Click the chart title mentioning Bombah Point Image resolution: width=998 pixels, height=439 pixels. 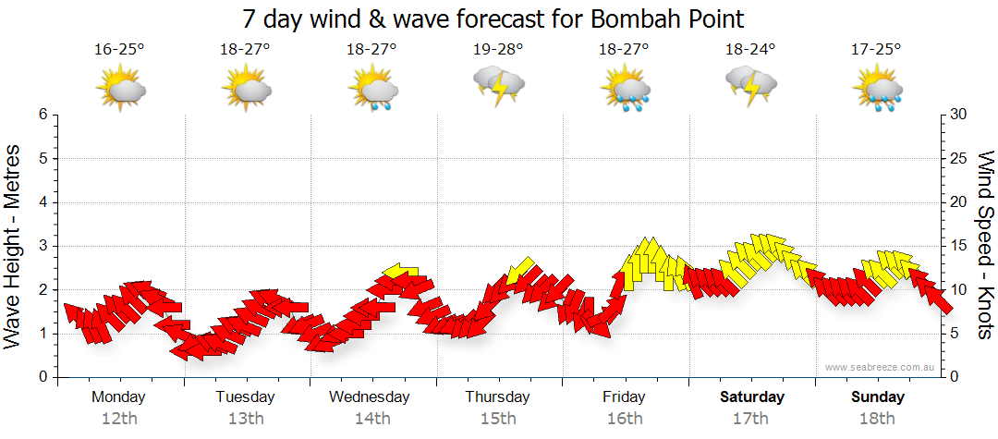(493, 18)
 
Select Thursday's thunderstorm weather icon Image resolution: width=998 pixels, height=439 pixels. (499, 85)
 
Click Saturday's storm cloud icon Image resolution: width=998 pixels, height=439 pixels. (751, 85)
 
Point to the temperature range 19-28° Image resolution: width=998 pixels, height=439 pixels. (498, 50)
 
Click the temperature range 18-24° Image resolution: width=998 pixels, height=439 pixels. (750, 50)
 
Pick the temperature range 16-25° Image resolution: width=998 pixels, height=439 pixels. (119, 50)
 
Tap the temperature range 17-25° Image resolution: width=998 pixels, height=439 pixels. (877, 50)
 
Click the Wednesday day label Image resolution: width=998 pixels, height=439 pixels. (370, 397)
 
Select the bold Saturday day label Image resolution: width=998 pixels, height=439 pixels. (752, 397)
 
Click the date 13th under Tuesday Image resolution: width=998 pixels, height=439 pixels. (245, 419)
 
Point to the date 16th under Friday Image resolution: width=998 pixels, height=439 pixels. (625, 419)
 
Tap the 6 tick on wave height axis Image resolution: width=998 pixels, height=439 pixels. (43, 115)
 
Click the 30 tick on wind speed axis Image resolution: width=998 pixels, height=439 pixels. (958, 115)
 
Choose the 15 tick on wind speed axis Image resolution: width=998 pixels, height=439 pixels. (958, 246)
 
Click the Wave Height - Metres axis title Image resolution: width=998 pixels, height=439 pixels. (14, 246)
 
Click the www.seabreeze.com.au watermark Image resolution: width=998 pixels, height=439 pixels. (881, 367)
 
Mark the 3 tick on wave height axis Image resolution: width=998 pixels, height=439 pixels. (43, 246)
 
